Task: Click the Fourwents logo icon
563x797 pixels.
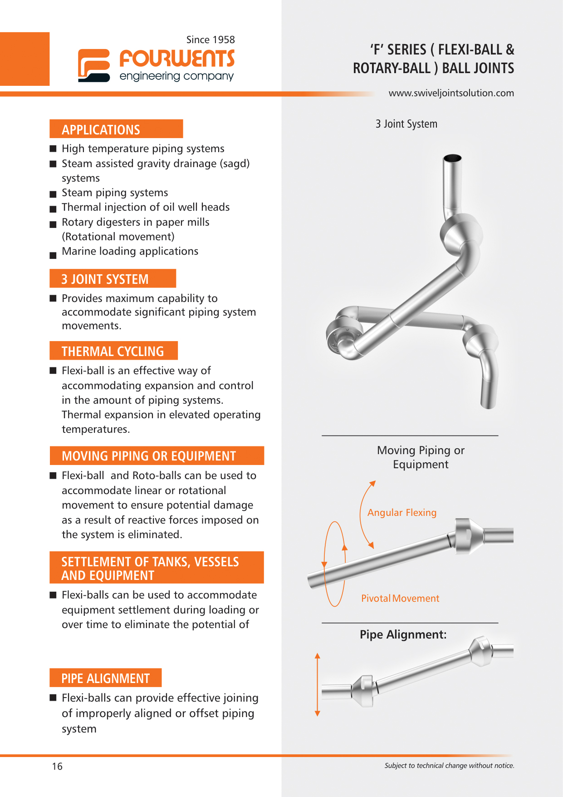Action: click(94, 65)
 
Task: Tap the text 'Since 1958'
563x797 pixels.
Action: click(211, 40)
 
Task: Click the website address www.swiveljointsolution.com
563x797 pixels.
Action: click(451, 93)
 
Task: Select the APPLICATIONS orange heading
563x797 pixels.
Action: click(116, 129)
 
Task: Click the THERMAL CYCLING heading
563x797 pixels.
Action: click(113, 351)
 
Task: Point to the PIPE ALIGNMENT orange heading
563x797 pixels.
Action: click(106, 678)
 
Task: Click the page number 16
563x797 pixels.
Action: click(57, 766)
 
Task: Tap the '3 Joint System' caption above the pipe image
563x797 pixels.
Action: click(406, 124)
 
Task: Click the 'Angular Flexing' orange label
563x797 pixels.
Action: click(401, 513)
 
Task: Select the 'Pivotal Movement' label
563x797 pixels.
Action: click(400, 599)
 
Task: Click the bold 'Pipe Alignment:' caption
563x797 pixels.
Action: click(403, 634)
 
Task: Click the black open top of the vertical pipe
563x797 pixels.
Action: click(452, 158)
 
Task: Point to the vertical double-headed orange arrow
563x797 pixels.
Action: click(318, 685)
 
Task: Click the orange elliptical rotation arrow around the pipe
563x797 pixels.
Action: click(335, 564)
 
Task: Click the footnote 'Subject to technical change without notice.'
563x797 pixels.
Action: click(449, 766)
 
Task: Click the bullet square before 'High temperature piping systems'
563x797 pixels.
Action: click(53, 149)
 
